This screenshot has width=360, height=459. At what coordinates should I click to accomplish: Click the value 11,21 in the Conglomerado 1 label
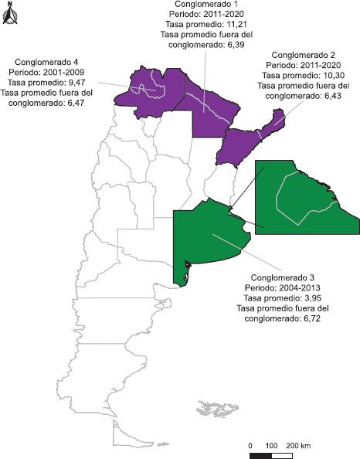[235, 25]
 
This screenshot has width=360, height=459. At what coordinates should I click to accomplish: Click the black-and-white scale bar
[271, 456]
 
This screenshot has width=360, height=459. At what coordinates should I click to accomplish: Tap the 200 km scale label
[297, 446]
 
